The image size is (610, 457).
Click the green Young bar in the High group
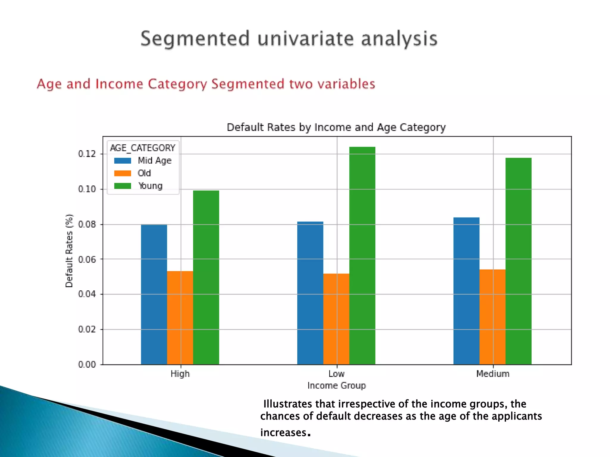pos(206,277)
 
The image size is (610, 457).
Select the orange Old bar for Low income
pos(336,318)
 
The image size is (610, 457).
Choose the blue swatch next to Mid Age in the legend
pos(122,161)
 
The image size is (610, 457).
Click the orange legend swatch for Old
pos(122,173)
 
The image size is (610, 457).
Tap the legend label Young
pos(150,186)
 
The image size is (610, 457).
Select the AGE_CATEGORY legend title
pos(143,148)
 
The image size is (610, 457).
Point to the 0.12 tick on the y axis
pos(87,154)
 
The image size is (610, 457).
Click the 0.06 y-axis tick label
pos(87,259)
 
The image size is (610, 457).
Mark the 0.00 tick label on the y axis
pos(87,364)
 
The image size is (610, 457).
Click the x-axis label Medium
pos(493,374)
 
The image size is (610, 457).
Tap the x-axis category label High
pos(180,374)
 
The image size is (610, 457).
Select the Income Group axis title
pos(337,386)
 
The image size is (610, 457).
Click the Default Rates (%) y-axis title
pos(69,251)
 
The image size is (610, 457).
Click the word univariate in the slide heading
pos(305,39)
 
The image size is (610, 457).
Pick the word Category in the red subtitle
pos(177,84)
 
